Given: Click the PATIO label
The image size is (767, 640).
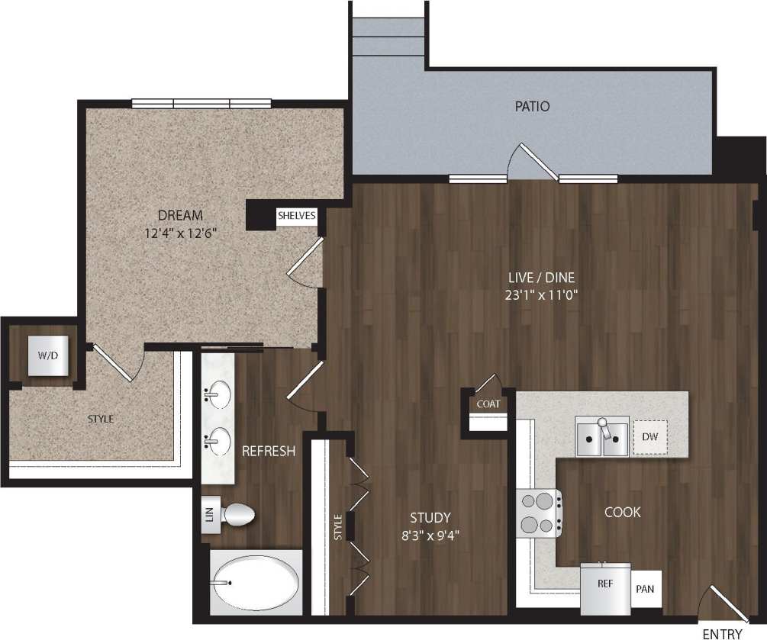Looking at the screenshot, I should tap(532, 107).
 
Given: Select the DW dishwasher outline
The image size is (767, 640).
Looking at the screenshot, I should tap(650, 438).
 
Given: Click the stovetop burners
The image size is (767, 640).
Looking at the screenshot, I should tap(538, 513).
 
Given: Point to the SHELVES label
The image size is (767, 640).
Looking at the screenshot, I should tap(296, 216).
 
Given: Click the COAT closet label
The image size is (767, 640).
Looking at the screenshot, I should tap(488, 404).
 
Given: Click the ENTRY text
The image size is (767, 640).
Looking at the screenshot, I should tap(722, 632).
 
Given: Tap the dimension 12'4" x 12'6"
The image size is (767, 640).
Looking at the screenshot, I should tap(181, 233).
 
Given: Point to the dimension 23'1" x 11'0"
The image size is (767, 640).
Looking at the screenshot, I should tap(543, 296).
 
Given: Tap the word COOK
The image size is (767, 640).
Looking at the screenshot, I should tap(622, 512).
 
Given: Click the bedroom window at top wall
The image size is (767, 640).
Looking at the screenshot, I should tap(201, 103).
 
